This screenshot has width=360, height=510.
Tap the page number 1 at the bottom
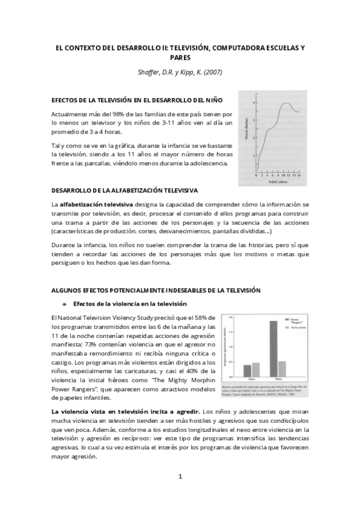coord(180,478)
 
